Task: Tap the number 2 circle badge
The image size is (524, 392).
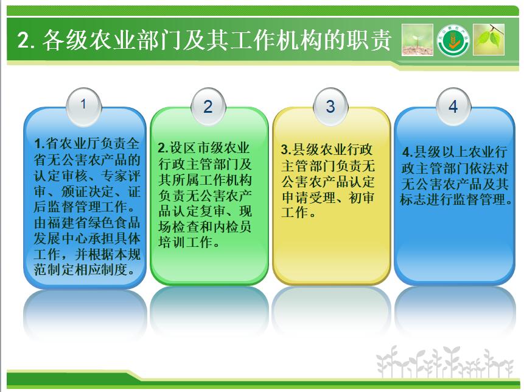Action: [x=208, y=107]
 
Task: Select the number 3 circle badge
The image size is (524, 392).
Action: [x=330, y=107]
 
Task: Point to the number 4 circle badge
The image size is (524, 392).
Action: [x=453, y=107]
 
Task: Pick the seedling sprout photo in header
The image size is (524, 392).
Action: [x=417, y=40]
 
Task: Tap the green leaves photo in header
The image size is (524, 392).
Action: [x=489, y=40]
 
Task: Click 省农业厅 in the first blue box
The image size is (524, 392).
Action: [x=66, y=144]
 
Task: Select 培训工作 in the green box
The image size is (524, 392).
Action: [x=186, y=242]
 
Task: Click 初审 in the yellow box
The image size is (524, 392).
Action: [x=362, y=198]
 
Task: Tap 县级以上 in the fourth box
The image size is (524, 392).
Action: [x=441, y=152]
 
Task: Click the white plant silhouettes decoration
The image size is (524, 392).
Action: [x=444, y=362]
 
